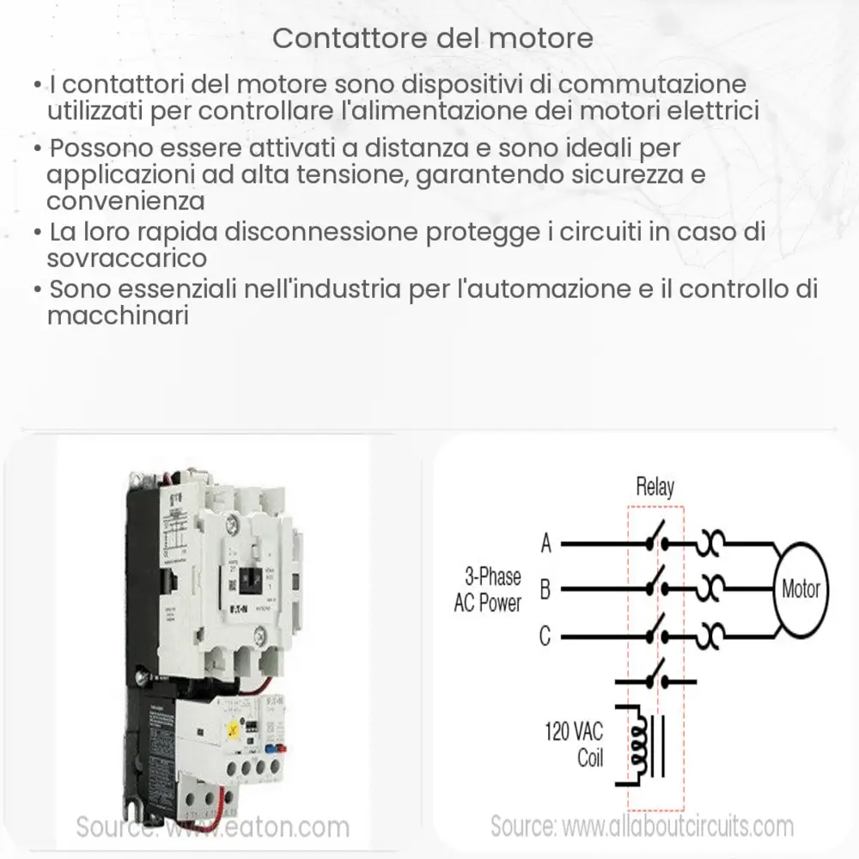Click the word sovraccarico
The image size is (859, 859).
click(x=127, y=258)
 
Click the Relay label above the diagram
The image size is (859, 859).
click(x=655, y=488)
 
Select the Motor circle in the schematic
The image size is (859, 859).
click(x=800, y=589)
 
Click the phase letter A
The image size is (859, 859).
click(x=545, y=543)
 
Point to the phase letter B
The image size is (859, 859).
click(x=545, y=589)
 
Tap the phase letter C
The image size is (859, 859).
click(x=545, y=637)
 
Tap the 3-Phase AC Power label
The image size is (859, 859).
click(x=488, y=589)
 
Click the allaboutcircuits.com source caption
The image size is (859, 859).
click(x=642, y=826)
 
